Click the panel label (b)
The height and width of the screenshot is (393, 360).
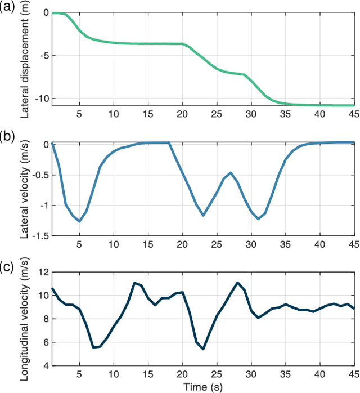[x=8, y=137]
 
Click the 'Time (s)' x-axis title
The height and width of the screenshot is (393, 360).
[x=202, y=387]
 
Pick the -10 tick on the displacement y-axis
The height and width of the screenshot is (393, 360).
[x=40, y=99]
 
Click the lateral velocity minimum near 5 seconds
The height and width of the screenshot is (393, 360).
[x=79, y=221]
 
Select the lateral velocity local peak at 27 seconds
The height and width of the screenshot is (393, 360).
[x=231, y=173]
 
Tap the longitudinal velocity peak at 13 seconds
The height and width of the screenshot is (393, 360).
[x=134, y=283]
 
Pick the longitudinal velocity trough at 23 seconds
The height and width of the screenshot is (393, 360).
[x=203, y=349]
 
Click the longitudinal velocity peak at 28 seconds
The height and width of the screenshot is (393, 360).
[x=237, y=283]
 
